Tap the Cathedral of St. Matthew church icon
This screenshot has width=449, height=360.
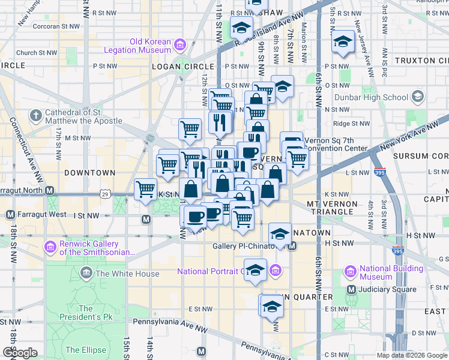36,115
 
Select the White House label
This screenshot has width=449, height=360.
127,274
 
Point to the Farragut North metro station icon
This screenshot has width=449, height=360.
50,191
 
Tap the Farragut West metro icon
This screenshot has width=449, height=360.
10,214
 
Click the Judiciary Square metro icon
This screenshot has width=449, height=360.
352,290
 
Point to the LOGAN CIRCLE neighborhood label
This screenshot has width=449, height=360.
183,67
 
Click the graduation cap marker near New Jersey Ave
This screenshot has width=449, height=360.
343,41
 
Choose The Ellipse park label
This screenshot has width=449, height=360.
85,350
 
